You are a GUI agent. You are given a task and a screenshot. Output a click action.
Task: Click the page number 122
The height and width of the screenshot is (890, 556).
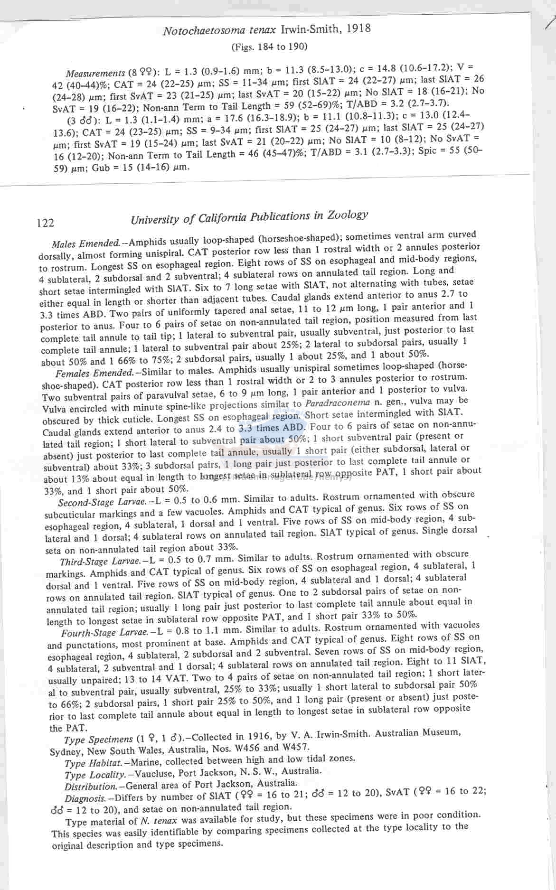pyautogui.click(x=46, y=223)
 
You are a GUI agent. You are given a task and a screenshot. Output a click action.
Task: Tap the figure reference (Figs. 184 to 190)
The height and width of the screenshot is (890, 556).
pyautogui.click(x=269, y=47)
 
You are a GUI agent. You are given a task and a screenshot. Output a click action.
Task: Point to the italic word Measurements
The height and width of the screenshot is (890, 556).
pyautogui.click(x=95, y=73)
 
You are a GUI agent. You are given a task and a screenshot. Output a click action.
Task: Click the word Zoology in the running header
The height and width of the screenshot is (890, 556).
pyautogui.click(x=348, y=215)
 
